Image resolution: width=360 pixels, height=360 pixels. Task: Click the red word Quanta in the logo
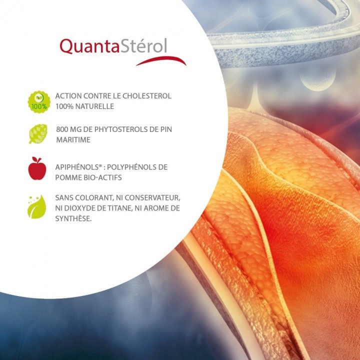click(89, 46)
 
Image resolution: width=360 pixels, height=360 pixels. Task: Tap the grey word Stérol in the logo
click(143, 45)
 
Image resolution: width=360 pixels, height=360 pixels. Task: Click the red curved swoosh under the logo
click(161, 60)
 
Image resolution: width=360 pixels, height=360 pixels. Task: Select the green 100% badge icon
click(39, 101)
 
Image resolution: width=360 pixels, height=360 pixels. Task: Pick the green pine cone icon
click(38, 134)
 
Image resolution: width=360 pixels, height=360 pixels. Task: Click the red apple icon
click(37, 168)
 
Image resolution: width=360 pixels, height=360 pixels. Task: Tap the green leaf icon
click(37, 207)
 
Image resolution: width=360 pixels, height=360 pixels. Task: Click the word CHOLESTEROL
click(147, 96)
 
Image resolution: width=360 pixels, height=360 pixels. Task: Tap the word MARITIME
click(73, 140)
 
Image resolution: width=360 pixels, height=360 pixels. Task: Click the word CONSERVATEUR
click(152, 198)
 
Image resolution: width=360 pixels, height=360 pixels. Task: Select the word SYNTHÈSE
click(73, 218)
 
